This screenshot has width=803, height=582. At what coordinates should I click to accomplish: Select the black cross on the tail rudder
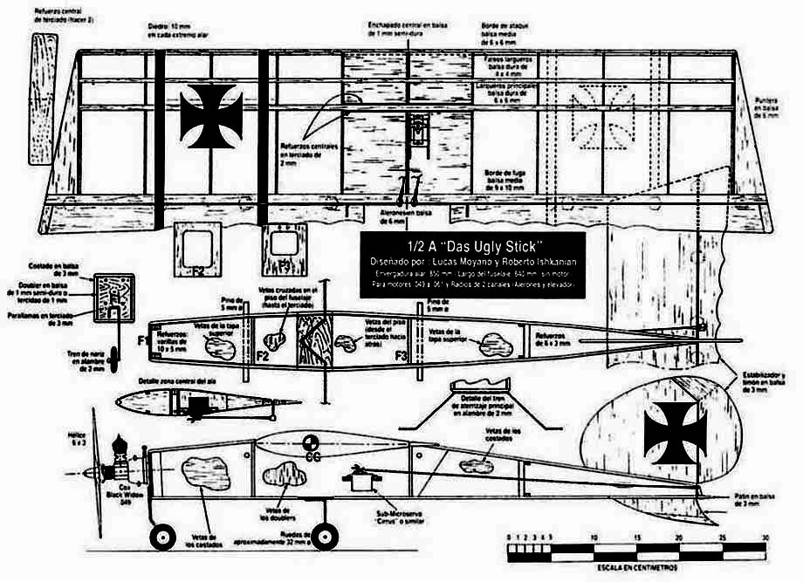[675, 430]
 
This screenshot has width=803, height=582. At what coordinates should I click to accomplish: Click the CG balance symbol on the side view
[310, 445]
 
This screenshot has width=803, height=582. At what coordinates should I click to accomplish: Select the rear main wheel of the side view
[326, 537]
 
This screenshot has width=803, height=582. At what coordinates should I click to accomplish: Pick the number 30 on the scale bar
[765, 538]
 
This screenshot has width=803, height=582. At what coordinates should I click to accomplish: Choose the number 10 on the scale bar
[594, 538]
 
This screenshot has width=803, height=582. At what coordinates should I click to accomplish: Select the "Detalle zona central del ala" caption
[175, 382]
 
